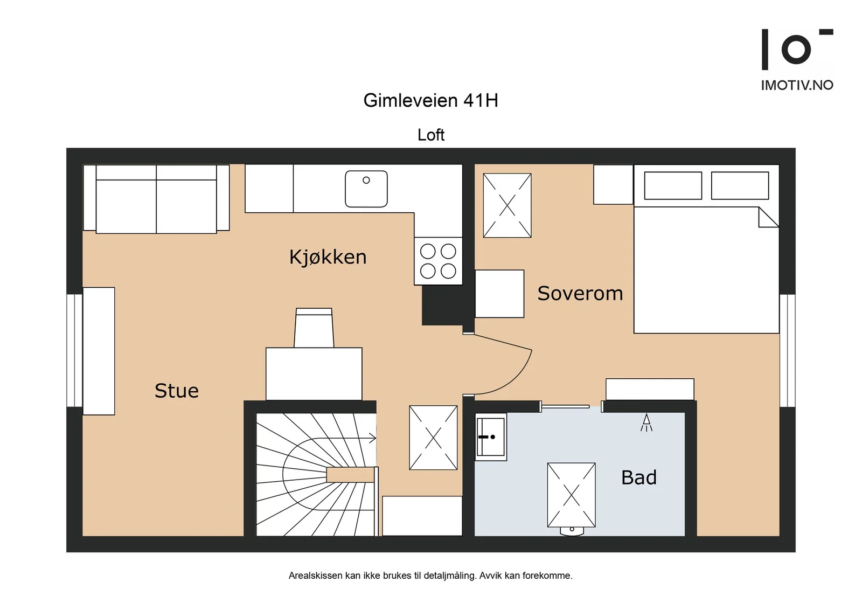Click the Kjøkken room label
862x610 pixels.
pyautogui.click(x=328, y=257)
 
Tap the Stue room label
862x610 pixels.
pyautogui.click(x=177, y=391)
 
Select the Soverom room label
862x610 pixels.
pyautogui.click(x=580, y=293)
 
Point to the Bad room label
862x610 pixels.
pyautogui.click(x=639, y=477)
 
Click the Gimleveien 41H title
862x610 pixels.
pyautogui.click(x=430, y=100)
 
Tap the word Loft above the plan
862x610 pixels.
pyautogui.click(x=431, y=135)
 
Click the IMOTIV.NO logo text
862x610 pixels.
pyautogui.click(x=797, y=85)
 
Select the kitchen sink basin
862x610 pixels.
pyautogui.click(x=366, y=189)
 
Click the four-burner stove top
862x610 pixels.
pyautogui.click(x=438, y=261)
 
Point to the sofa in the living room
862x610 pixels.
pyautogui.click(x=156, y=199)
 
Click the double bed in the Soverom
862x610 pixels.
pyautogui.click(x=706, y=249)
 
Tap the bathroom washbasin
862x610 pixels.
pyautogui.click(x=491, y=437)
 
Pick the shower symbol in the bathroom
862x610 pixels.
pyautogui.click(x=646, y=422)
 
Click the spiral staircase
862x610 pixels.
pyautogui.click(x=316, y=474)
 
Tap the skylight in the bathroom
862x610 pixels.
pyautogui.click(x=572, y=495)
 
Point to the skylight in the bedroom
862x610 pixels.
pyautogui.click(x=507, y=205)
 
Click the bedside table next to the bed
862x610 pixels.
pyautogui.click(x=613, y=184)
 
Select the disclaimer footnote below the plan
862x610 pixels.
pyautogui.click(x=430, y=576)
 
